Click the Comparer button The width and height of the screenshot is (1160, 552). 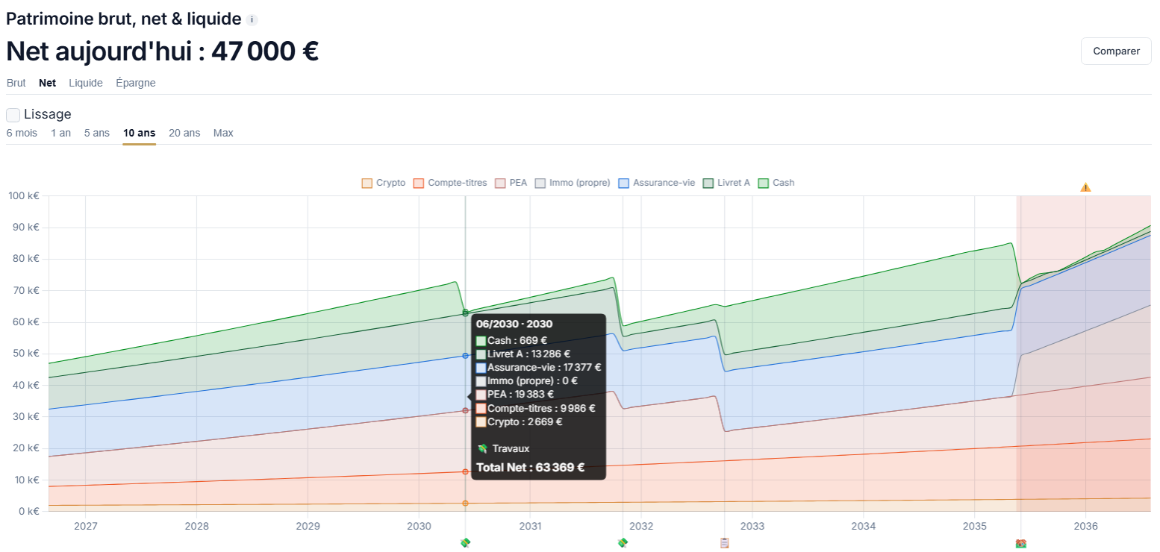[x=1116, y=51]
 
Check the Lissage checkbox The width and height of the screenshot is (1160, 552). [x=13, y=114]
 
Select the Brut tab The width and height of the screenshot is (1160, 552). [x=16, y=83]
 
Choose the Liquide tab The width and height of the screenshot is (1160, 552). [x=85, y=83]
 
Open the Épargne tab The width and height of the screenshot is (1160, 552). [x=136, y=83]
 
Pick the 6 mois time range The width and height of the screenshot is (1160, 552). [x=22, y=133]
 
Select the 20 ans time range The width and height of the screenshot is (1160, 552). [x=184, y=133]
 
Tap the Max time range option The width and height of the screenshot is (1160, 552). [x=223, y=133]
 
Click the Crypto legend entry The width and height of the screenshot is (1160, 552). [x=383, y=184]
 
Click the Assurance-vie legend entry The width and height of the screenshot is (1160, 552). [x=657, y=184]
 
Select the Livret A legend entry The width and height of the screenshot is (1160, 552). [x=726, y=184]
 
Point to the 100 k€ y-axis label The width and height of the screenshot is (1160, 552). [x=24, y=195]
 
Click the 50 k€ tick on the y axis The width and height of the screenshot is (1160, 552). [x=26, y=354]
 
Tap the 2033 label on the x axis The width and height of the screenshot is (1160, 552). [x=752, y=526]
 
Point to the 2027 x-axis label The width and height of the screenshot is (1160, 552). [x=85, y=526]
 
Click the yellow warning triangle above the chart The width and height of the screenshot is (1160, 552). [x=1085, y=187]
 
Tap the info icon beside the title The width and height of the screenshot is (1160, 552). [x=252, y=19]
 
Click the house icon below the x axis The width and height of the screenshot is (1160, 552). [x=1020, y=543]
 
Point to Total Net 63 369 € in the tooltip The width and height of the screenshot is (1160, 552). [x=530, y=468]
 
